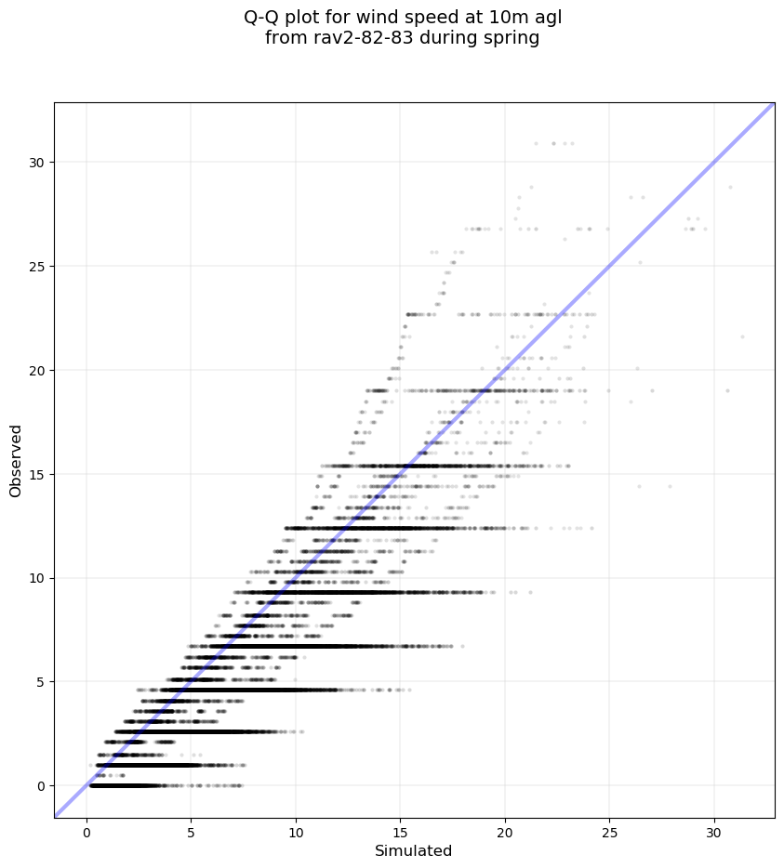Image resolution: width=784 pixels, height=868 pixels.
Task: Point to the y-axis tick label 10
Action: [x=37, y=578]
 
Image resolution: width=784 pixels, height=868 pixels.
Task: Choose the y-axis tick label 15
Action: [x=37, y=474]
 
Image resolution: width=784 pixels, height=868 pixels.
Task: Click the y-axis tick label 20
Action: [x=37, y=370]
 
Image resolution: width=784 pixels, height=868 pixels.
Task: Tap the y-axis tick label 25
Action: [x=37, y=267]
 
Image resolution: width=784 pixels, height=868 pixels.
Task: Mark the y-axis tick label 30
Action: [x=37, y=163]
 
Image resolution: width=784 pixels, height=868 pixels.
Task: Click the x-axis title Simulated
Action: [x=413, y=851]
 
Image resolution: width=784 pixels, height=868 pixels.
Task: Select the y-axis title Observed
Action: [x=16, y=460]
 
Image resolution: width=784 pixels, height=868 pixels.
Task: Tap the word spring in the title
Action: [x=513, y=39]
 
